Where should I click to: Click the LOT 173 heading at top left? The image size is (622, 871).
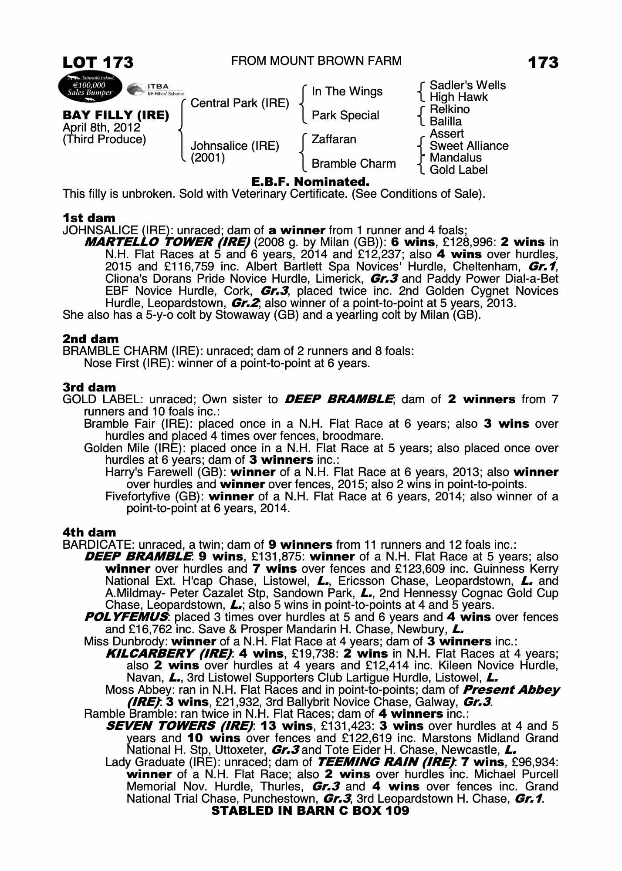[x=98, y=62]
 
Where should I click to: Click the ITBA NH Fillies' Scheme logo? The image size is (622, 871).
[x=155, y=89]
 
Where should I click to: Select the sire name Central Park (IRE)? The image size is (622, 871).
[x=240, y=103]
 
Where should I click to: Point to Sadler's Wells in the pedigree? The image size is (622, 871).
[x=467, y=85]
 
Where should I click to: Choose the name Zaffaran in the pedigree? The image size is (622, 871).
[x=334, y=139]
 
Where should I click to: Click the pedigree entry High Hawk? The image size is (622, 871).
[x=458, y=97]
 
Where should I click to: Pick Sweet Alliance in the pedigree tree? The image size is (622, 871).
[x=469, y=146]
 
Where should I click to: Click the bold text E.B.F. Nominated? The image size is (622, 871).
[x=311, y=182]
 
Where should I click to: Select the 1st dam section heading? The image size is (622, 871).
[x=89, y=218]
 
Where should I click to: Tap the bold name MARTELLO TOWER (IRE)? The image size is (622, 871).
[x=167, y=242]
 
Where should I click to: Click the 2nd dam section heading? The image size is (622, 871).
[x=91, y=339]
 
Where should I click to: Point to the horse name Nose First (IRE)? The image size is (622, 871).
[x=128, y=363]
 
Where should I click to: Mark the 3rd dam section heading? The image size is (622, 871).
[x=89, y=387]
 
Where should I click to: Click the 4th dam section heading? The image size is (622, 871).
[x=89, y=532]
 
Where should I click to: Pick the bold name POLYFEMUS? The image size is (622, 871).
[x=125, y=617]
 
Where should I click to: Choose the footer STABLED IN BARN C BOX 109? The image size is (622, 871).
[x=310, y=810]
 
